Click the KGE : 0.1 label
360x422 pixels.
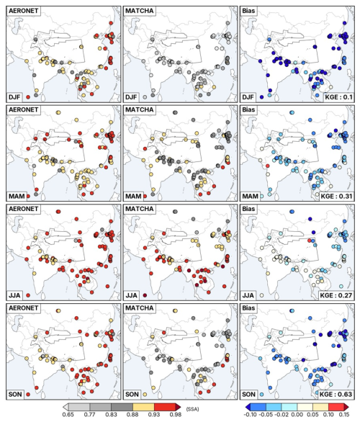point(338,97)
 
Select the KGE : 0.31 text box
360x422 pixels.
point(336,196)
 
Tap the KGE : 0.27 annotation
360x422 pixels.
point(336,295)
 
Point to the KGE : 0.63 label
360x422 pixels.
point(336,395)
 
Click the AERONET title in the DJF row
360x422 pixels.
point(23,11)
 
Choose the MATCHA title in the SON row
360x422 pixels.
point(140,308)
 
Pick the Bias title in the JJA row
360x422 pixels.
point(248,209)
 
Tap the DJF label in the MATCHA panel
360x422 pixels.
point(131,97)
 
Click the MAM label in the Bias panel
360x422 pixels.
point(250,196)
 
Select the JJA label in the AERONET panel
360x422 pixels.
point(14,295)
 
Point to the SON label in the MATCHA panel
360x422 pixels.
point(132,395)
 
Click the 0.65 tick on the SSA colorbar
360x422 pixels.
point(68,415)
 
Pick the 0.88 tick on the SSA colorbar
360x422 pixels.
point(132,415)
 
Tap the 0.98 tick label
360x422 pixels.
point(176,415)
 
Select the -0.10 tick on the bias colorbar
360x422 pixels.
point(251,415)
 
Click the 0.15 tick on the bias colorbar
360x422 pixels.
point(344,415)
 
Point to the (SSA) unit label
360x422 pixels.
point(192,409)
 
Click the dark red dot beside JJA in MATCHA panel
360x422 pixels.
point(145,295)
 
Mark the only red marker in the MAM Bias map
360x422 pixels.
point(267,166)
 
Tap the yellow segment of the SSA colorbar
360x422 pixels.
point(143,406)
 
